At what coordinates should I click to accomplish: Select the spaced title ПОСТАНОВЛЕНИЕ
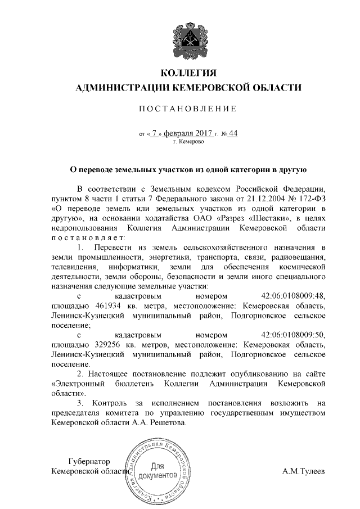(188, 108)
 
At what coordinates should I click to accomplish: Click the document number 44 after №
(233, 133)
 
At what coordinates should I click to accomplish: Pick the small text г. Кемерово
(188, 142)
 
